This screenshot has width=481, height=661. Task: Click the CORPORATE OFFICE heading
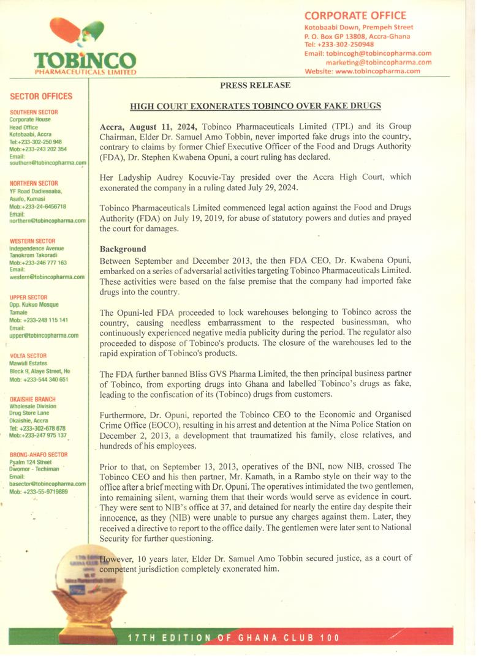coord(355,15)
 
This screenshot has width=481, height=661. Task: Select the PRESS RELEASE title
coord(256,86)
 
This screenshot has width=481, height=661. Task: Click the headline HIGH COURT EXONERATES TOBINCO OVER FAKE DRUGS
coord(256,106)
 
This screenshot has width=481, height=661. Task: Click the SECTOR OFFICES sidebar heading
coord(41,96)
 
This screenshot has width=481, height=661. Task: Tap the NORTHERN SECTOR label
coord(34,183)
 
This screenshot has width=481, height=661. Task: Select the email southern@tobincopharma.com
coord(48,163)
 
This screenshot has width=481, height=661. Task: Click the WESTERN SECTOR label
coord(32,241)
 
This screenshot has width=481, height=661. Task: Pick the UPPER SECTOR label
coord(28,297)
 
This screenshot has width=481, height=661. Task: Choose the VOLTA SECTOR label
coord(28,356)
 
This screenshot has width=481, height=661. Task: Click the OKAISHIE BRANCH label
coord(32,399)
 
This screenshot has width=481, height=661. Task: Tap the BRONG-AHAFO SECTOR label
coord(39,455)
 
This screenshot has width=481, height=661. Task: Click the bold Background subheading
coord(123,249)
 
